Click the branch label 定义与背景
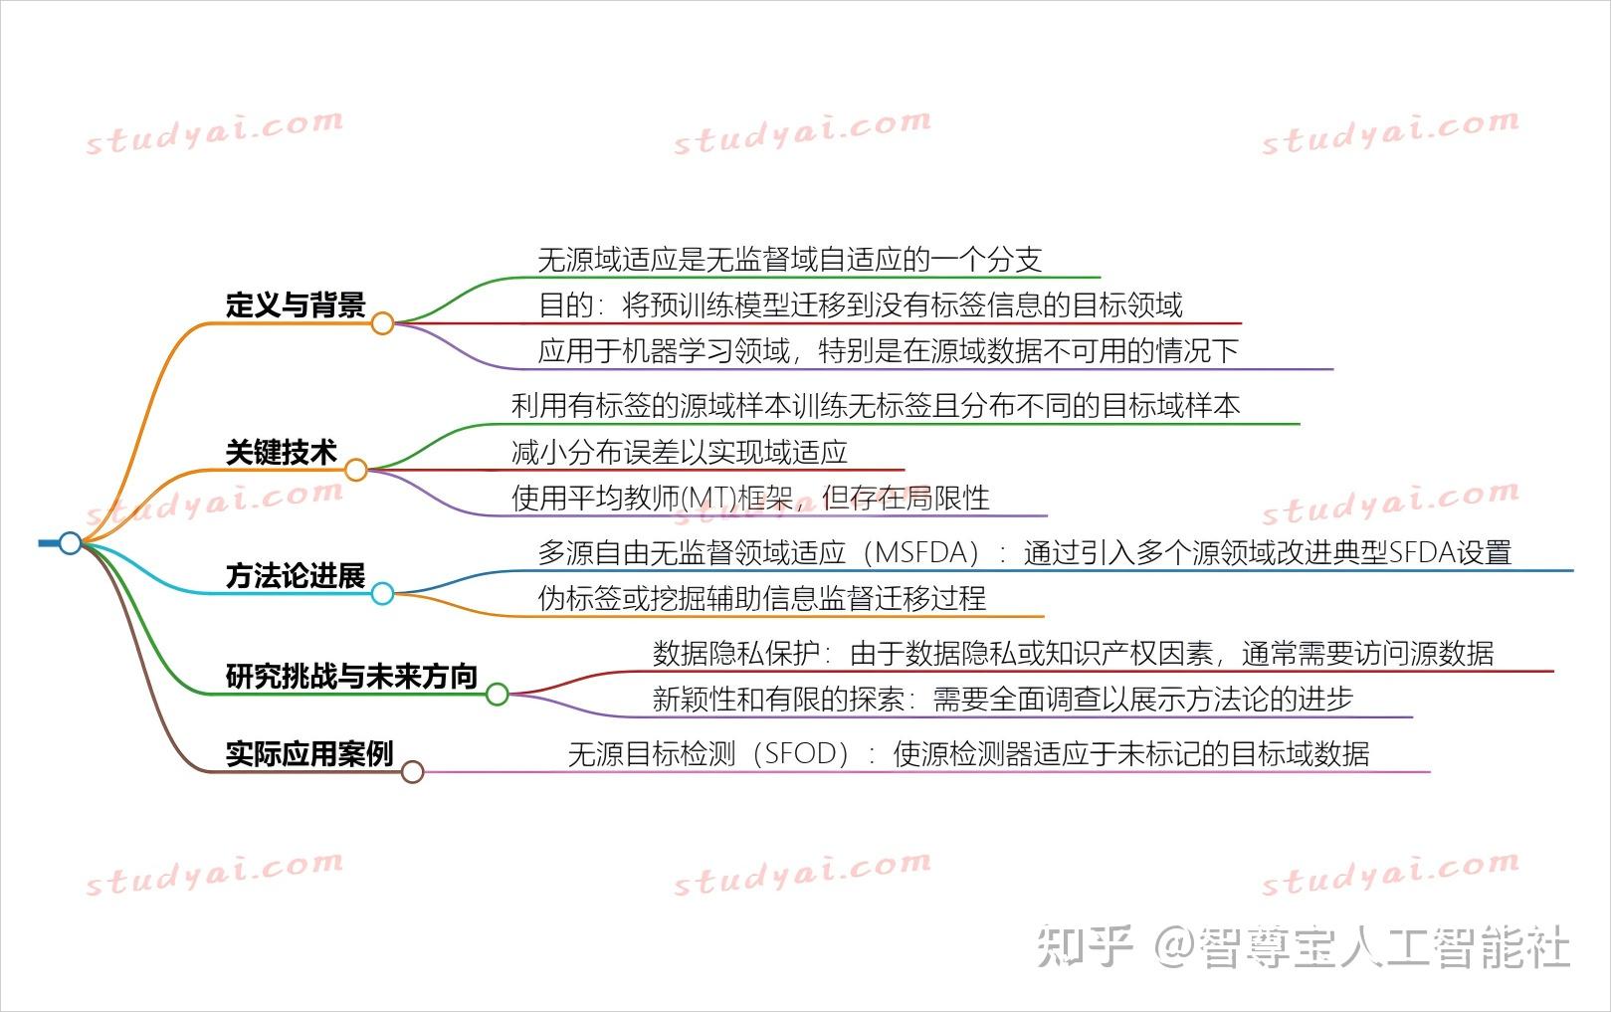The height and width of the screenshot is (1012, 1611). (x=296, y=304)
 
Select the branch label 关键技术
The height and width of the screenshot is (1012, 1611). (x=282, y=453)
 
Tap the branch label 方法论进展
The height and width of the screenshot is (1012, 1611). (x=296, y=576)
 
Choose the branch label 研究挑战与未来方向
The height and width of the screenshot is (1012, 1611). (x=351, y=677)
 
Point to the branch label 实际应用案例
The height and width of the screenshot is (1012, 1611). (x=309, y=754)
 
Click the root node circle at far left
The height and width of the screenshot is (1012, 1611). (x=70, y=542)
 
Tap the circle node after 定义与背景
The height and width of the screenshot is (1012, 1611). (x=382, y=323)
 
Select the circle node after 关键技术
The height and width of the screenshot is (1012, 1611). (x=355, y=470)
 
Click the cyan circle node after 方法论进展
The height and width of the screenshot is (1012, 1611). (x=382, y=594)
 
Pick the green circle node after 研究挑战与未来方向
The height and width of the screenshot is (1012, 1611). (x=497, y=695)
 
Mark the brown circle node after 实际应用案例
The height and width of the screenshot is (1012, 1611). (x=412, y=772)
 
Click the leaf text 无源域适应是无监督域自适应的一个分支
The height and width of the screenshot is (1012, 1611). (x=789, y=260)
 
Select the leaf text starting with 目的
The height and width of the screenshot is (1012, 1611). (x=860, y=305)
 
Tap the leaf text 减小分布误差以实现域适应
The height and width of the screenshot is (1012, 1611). (x=679, y=453)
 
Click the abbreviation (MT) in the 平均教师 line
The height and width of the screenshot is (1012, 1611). (x=705, y=499)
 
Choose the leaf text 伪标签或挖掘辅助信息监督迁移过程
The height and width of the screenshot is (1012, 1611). (x=761, y=598)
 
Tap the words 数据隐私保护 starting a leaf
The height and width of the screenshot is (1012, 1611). (x=735, y=654)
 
